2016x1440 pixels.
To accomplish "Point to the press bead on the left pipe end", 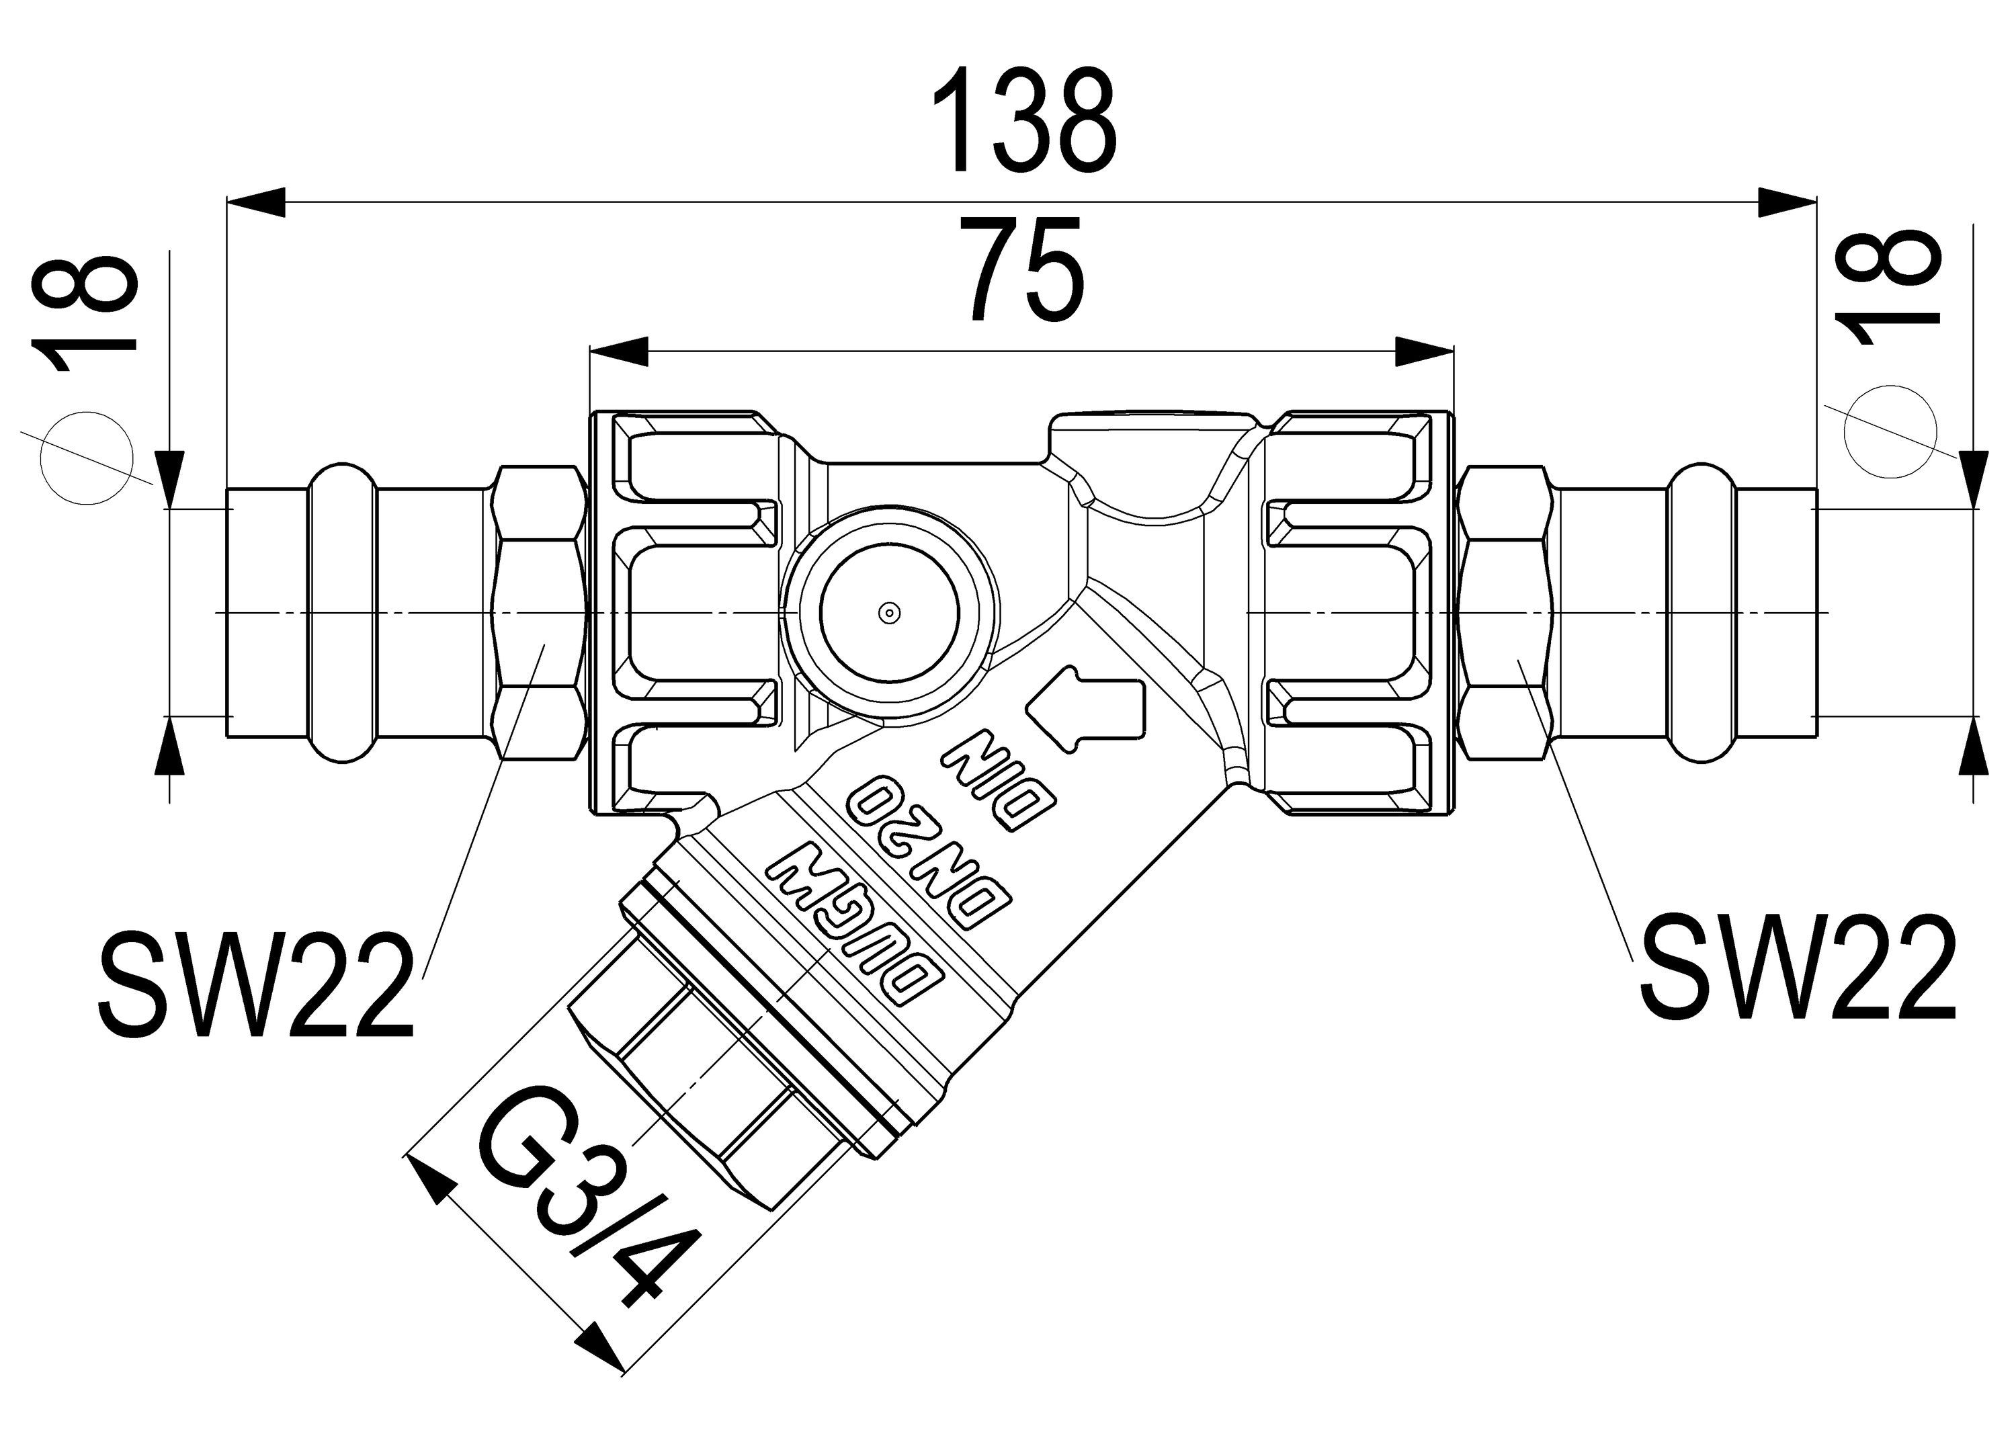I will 341,613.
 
